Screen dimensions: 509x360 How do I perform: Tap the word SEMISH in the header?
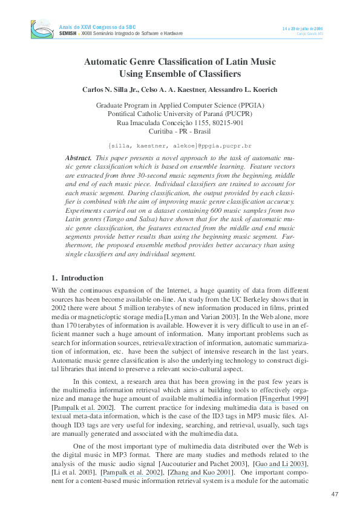[x=69, y=33]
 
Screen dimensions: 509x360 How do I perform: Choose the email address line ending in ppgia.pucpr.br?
[x=180, y=146]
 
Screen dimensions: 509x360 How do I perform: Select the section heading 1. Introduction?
[x=78, y=278]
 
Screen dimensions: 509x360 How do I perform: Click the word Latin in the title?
[x=229, y=62]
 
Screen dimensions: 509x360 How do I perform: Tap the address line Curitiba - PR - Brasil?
[x=180, y=131]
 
